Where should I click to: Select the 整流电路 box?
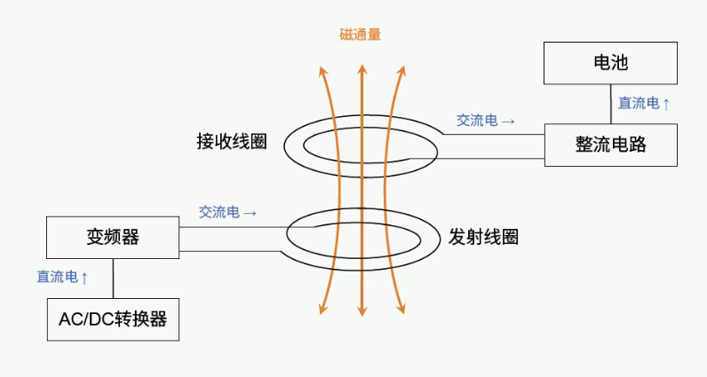click(x=610, y=145)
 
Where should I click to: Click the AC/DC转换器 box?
click(x=113, y=319)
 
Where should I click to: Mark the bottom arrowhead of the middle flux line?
click(x=361, y=310)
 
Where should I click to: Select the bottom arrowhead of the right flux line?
click(x=402, y=310)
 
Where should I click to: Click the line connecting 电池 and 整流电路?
click(x=610, y=104)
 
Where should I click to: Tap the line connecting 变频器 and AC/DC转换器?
click(x=113, y=278)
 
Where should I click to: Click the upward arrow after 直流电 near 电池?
click(x=666, y=104)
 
